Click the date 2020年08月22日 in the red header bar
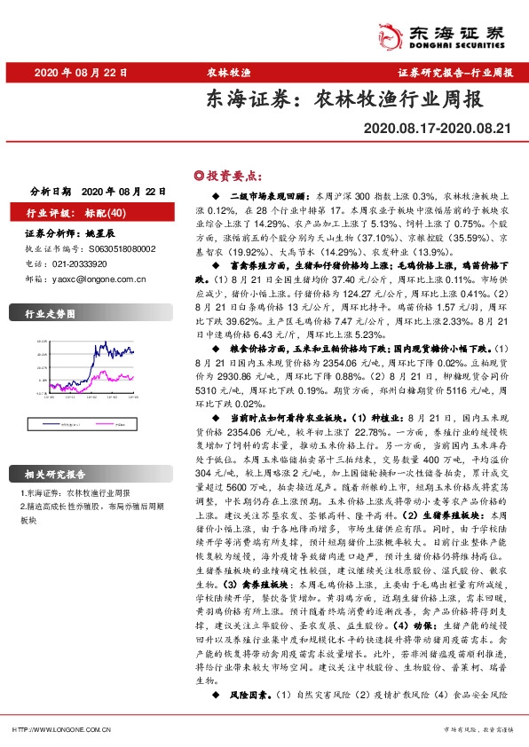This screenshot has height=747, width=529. pyautogui.click(x=81, y=73)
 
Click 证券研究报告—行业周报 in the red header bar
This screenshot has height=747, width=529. pyautogui.click(x=454, y=73)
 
